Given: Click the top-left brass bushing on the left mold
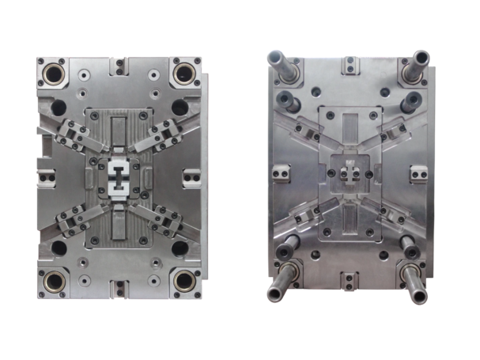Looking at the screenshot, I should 54,74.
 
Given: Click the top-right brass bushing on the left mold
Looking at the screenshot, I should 185,73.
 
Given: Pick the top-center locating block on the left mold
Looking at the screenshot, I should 119,65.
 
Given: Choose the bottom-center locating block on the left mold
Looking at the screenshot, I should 119,286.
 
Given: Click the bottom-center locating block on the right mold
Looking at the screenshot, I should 348,279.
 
